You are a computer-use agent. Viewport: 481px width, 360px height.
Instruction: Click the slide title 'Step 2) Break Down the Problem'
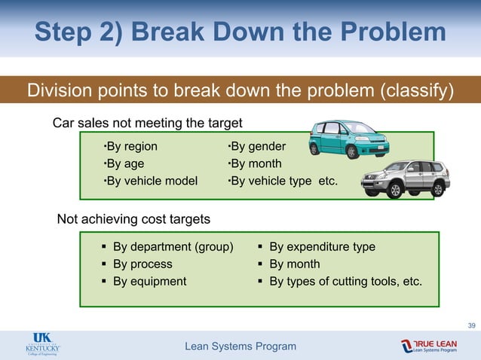[240, 32]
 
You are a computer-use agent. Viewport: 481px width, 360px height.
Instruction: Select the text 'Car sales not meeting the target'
[147, 123]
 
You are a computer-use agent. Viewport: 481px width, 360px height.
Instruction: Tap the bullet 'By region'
[130, 146]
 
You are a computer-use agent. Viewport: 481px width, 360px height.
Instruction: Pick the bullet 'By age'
[124, 163]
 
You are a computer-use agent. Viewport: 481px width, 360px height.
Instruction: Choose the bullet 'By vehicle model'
[150, 181]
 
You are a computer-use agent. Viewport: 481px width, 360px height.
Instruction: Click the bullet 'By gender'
[256, 146]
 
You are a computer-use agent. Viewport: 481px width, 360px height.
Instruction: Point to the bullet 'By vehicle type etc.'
[283, 181]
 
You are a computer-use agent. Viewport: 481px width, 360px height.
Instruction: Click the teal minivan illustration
[348, 138]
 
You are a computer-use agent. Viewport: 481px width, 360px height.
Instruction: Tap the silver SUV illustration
[405, 178]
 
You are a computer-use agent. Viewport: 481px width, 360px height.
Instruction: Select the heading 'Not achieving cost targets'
[133, 219]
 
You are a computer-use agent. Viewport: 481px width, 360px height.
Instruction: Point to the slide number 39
[471, 325]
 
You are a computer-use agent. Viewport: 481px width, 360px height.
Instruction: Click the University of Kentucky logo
[41, 345]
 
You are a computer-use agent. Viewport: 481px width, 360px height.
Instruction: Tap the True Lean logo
[439, 345]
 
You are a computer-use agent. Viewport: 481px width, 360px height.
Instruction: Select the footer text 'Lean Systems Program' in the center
[240, 346]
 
